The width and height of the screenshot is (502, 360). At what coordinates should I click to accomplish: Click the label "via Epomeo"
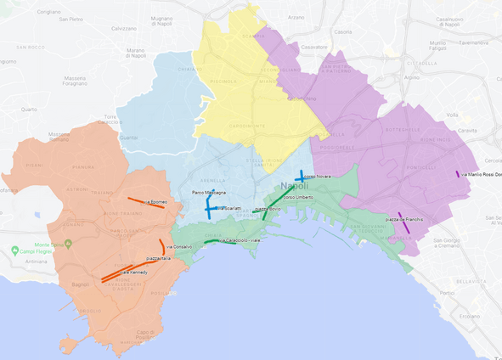[155, 203]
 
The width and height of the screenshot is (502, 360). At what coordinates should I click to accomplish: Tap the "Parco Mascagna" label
[208, 193]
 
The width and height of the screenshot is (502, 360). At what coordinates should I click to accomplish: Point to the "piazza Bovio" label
[268, 208]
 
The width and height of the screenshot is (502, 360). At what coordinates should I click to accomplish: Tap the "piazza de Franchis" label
[403, 219]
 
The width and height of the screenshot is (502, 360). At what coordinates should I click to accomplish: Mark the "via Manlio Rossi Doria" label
[485, 175]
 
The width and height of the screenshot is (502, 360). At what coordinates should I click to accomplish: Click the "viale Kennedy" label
[133, 273]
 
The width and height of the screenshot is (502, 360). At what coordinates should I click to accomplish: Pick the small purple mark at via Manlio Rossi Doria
[458, 174]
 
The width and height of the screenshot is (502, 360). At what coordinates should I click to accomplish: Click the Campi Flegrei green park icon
[16, 251]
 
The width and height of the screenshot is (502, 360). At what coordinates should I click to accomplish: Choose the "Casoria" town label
[343, 31]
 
